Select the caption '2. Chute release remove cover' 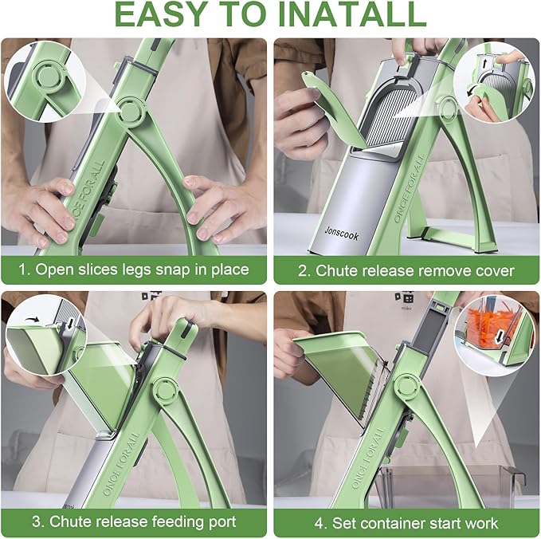[x=406, y=270]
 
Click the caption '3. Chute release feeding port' [x=134, y=522]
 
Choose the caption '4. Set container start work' [x=406, y=523]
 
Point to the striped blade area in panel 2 [x=393, y=120]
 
